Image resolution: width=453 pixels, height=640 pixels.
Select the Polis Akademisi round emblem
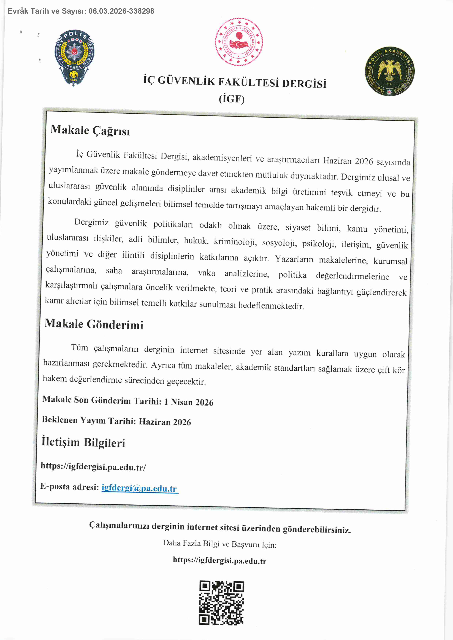coord(389,71)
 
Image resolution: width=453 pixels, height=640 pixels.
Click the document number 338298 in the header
coord(142,11)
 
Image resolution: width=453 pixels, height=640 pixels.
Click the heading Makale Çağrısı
coord(90,130)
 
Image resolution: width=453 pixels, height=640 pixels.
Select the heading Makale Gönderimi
coord(94,324)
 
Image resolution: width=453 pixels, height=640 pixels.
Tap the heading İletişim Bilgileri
coord(83,442)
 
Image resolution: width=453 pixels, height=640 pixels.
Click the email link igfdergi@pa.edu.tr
coord(139,488)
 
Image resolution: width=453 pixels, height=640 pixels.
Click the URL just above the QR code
coord(219,560)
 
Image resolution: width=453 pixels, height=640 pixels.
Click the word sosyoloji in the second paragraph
coord(279,243)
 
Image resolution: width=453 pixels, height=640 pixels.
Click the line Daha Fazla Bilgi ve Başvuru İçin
coord(219,544)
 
